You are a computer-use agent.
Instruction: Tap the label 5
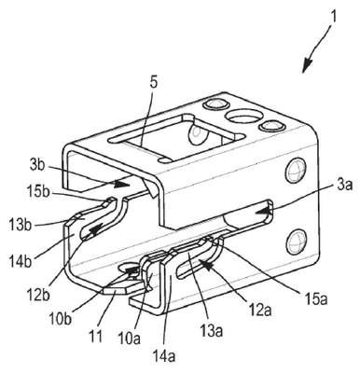(154, 83)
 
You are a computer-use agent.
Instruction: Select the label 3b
(38, 165)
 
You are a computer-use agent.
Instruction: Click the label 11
(96, 337)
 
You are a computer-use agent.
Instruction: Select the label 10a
(130, 338)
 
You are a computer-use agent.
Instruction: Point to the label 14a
(164, 357)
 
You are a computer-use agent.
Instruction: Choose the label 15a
(313, 297)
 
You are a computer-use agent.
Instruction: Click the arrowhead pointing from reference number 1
(308, 66)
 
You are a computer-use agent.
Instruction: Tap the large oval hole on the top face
(244, 117)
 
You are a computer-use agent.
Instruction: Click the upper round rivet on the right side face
(295, 171)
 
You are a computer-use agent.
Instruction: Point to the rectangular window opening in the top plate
(176, 137)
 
